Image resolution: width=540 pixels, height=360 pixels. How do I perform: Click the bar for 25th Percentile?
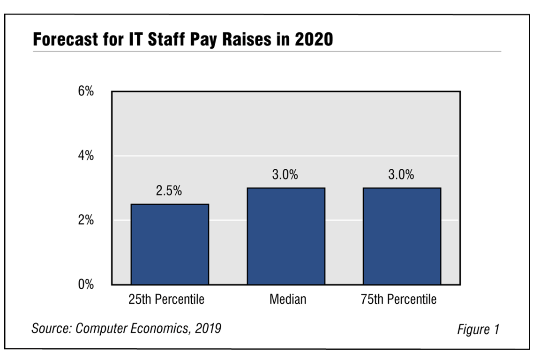169,244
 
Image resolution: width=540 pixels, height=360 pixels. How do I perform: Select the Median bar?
286,236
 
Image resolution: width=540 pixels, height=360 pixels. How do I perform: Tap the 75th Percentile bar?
402,236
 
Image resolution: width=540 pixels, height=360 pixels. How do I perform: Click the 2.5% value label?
169,192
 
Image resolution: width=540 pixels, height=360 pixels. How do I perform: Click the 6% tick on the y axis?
86,91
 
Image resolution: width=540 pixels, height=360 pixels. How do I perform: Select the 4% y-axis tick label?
86,156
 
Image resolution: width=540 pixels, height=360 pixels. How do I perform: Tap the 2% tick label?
86,220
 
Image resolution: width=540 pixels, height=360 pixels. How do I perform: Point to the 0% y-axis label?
86,285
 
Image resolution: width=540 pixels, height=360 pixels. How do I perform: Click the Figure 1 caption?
478,330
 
